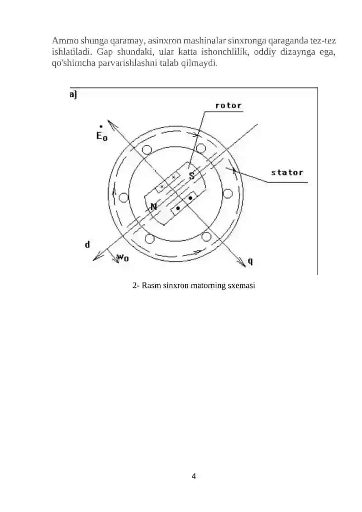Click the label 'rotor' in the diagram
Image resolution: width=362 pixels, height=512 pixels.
[228, 105]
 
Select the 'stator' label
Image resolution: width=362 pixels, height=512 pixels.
[287, 172]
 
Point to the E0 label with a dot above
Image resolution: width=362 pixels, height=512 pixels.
[101, 134]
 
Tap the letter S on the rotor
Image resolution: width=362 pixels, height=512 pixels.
[191, 175]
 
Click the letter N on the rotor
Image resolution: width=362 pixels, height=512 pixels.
[153, 206]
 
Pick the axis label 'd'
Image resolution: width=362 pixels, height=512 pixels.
[87, 244]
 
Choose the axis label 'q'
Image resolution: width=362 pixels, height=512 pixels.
[250, 261]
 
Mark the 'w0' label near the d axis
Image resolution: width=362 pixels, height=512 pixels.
[123, 258]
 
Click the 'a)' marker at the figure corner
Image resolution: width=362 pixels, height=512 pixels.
[73, 95]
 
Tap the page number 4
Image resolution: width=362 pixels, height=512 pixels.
[194, 476]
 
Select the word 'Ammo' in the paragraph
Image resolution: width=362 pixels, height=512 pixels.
[65, 41]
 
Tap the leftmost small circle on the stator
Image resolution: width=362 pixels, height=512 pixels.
[124, 197]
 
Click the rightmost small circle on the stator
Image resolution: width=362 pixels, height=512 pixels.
[228, 193]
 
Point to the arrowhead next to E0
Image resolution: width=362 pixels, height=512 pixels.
[110, 122]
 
